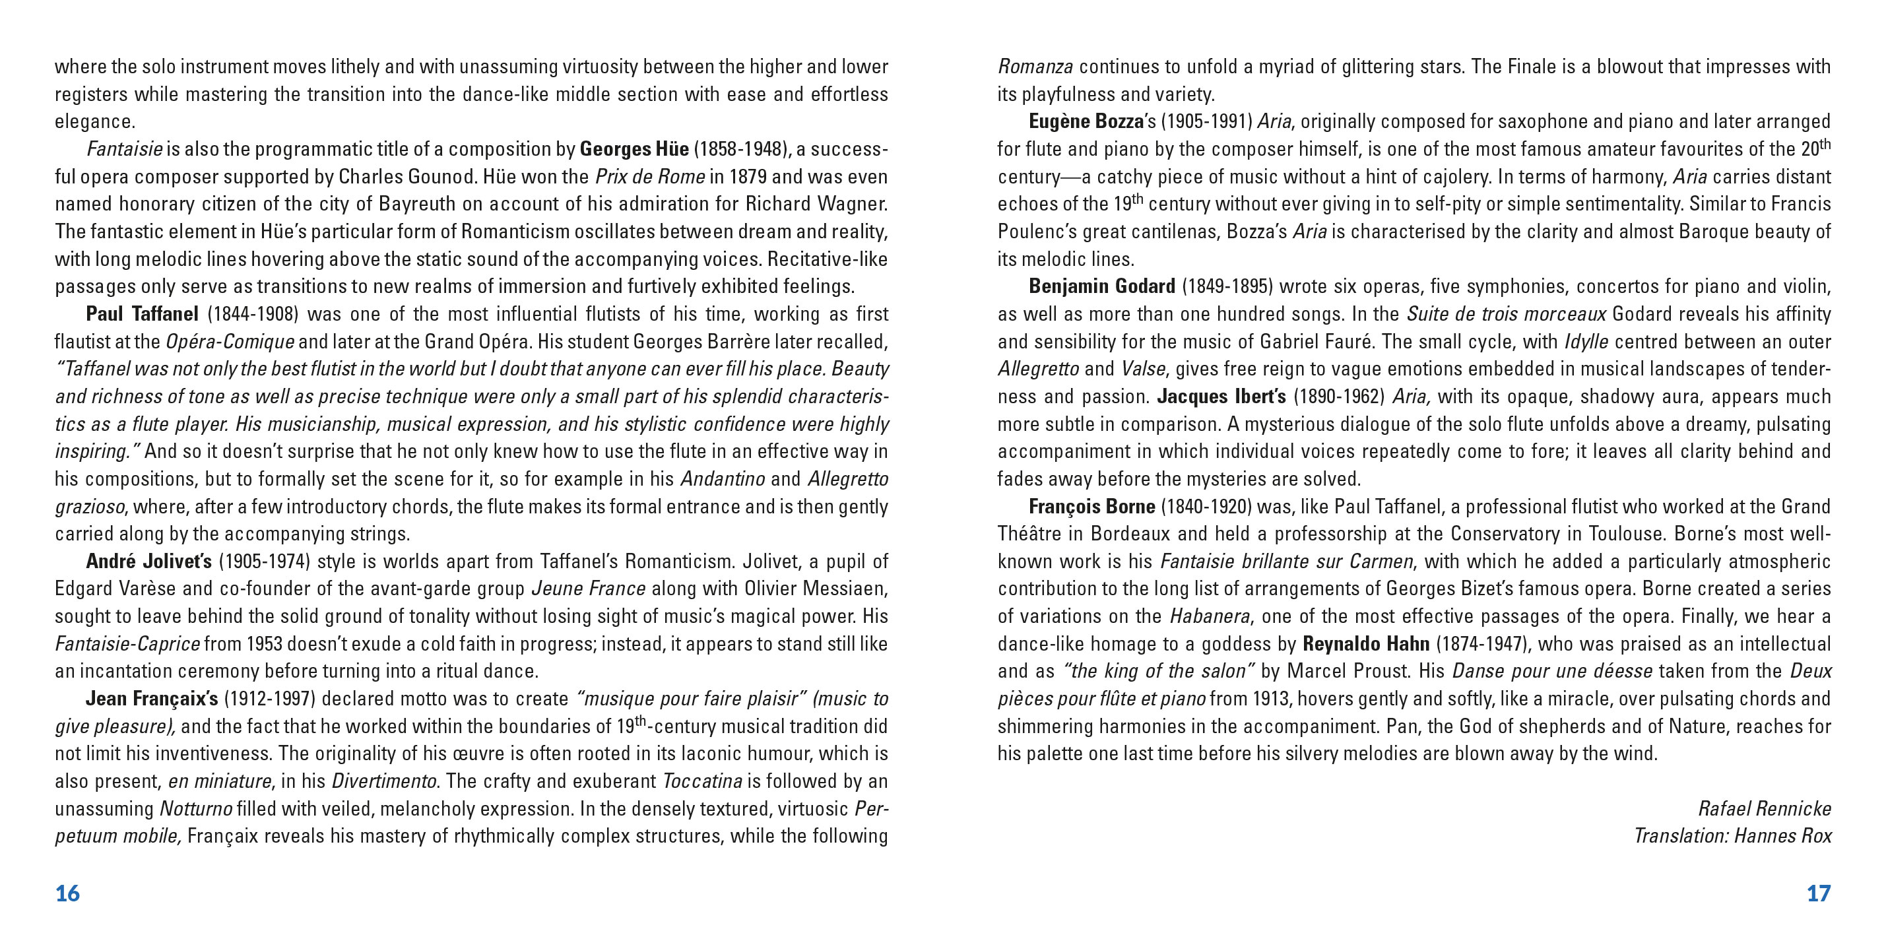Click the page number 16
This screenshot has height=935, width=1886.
pos(67,893)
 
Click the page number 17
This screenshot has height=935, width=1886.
pos(1819,893)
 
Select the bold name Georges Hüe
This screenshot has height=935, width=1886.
pos(634,149)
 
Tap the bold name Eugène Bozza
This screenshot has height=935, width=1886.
pos(1086,121)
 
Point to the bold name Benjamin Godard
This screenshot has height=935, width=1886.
pos(1102,286)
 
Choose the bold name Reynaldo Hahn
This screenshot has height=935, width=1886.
pos(1366,644)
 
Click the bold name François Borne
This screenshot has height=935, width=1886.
pos(1091,507)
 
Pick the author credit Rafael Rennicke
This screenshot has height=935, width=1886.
pos(1765,808)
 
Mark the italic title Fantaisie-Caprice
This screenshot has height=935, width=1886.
pos(127,644)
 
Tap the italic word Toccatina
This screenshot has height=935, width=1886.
pos(703,781)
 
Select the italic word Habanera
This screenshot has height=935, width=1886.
pos(1210,616)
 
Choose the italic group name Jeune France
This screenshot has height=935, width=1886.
pos(589,589)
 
